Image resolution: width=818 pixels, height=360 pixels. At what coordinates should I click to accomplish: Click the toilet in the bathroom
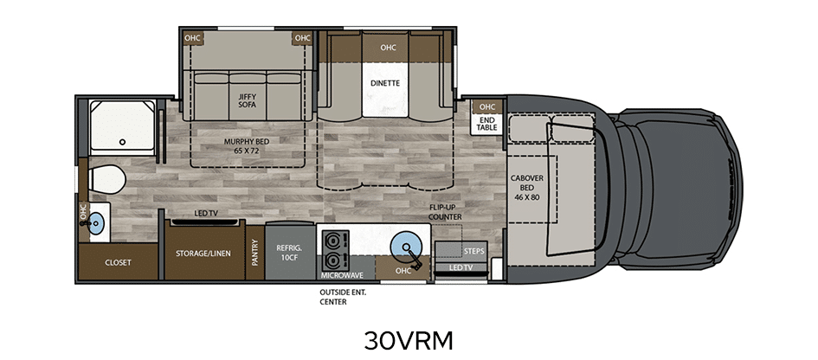point(107,181)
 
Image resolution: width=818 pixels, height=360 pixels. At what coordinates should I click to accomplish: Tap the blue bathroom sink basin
point(96,224)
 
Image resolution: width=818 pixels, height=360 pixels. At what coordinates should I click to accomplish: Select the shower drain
point(123,142)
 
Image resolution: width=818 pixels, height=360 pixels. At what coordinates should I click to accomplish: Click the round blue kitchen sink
point(403,247)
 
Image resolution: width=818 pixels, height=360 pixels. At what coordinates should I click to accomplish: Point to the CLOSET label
point(118,262)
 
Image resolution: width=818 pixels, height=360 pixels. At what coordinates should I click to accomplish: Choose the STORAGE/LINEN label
point(203,254)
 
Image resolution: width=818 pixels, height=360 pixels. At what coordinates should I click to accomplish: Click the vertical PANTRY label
point(255,253)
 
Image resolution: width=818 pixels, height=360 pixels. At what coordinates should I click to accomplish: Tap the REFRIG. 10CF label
point(289,252)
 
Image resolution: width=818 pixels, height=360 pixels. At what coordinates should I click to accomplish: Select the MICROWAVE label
point(342,275)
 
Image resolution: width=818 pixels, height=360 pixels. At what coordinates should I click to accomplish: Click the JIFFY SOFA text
point(248,100)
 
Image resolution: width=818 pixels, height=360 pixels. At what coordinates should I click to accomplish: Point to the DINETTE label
point(385,83)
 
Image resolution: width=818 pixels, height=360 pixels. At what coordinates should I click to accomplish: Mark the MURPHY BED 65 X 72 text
point(242,145)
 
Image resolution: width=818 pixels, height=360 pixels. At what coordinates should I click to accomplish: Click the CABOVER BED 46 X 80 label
point(527,188)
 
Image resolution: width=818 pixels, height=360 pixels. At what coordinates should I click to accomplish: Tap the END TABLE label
point(486,123)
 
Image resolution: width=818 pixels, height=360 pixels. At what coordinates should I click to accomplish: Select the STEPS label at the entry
point(473,251)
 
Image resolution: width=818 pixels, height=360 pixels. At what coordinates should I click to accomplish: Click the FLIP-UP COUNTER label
point(445,212)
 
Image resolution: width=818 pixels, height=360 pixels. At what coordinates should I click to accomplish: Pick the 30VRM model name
point(409,340)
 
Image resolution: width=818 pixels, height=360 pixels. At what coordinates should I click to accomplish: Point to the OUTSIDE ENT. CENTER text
point(343,297)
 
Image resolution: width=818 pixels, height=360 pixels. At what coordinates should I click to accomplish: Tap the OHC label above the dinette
point(388,48)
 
